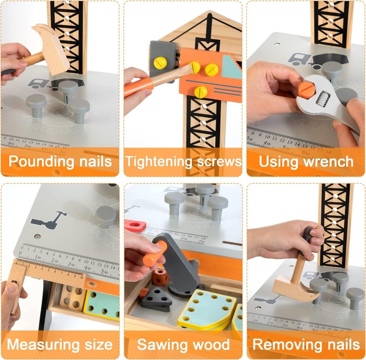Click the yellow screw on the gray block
click(160, 63)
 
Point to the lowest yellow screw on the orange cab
click(201, 92)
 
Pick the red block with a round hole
click(135, 226)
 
